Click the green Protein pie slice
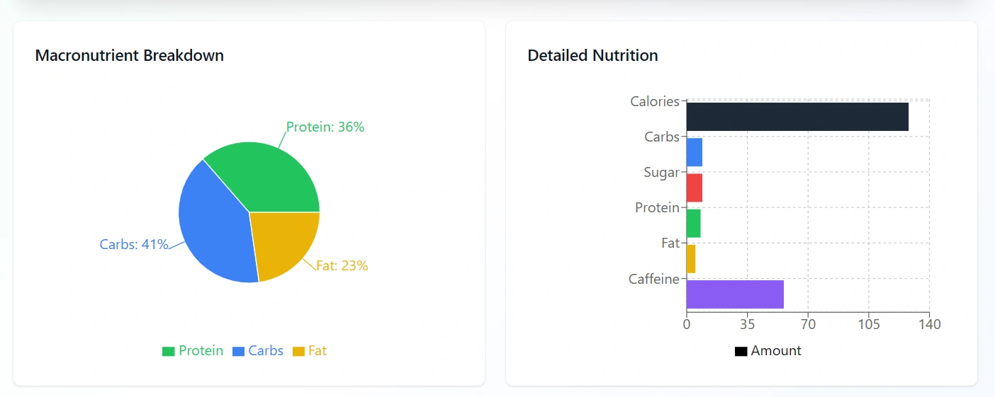click(269, 177)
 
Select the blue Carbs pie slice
click(213, 226)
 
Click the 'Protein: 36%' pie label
click(325, 127)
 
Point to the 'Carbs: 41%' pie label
click(134, 245)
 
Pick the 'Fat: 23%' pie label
click(342, 266)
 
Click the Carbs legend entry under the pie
click(258, 351)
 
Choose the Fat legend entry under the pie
click(310, 351)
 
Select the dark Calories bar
click(797, 117)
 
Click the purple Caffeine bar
click(734, 294)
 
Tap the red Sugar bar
click(694, 188)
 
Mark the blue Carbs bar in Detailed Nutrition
click(694, 152)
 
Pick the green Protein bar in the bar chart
click(693, 223)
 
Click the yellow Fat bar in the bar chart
click(690, 258)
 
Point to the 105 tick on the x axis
click(869, 325)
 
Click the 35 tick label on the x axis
click(747, 325)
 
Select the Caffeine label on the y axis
click(653, 280)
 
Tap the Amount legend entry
click(768, 351)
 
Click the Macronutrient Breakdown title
click(130, 55)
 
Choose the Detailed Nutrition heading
click(592, 55)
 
